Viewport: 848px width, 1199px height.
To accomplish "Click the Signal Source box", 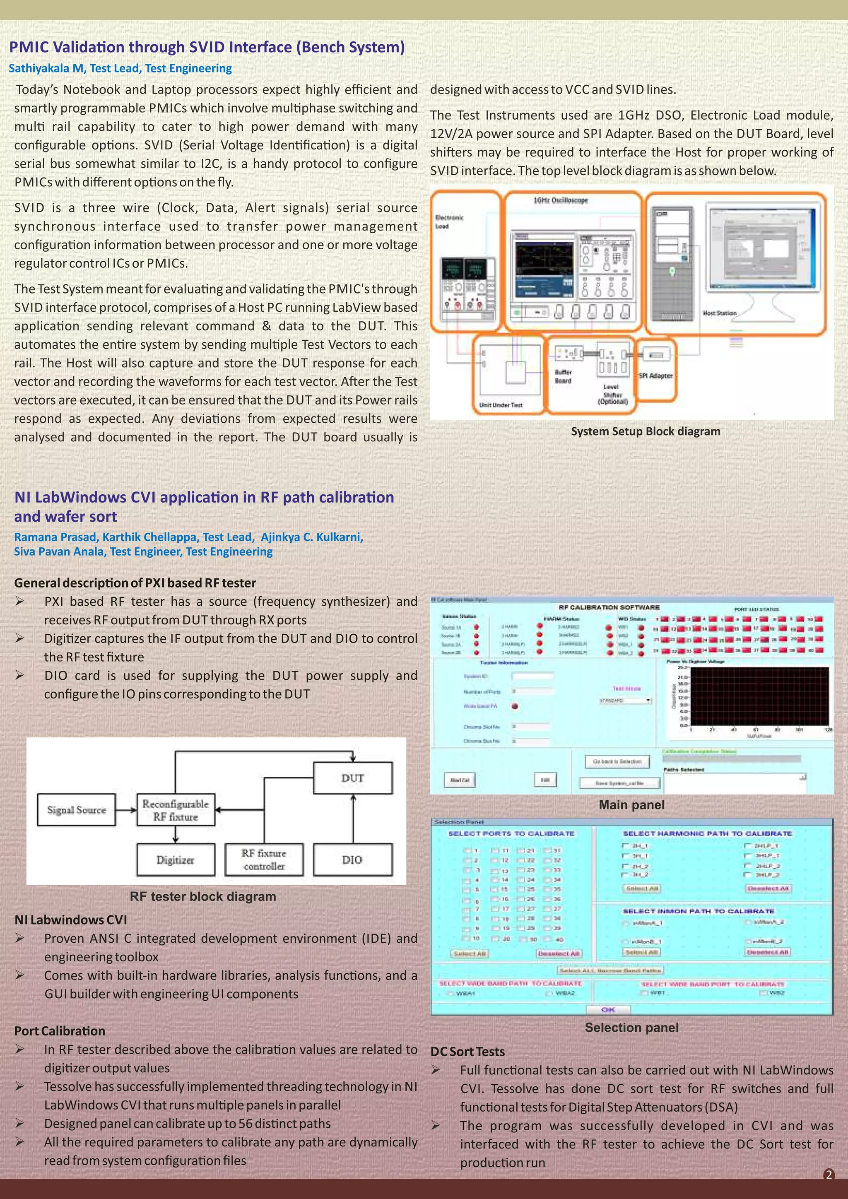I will click(76, 810).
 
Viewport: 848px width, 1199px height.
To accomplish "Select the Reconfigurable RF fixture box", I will click(176, 810).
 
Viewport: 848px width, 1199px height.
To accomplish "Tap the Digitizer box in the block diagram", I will click(176, 860).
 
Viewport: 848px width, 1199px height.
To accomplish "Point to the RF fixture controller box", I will click(264, 860).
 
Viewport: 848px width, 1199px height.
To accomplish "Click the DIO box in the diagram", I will click(352, 860).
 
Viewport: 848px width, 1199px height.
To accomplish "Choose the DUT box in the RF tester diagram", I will click(352, 778).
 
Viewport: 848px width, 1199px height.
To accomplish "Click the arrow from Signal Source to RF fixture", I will click(126, 810).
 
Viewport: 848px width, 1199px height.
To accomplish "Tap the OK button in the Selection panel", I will click(608, 1010).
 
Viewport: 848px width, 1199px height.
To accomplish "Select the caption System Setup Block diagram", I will click(646, 431).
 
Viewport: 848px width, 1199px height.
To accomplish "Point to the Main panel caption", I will click(631, 805).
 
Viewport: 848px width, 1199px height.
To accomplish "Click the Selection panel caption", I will click(631, 1027).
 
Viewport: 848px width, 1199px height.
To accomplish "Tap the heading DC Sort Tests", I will click(467, 1051).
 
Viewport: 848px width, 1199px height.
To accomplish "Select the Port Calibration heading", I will click(60, 1031).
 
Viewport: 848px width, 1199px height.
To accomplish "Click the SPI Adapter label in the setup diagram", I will click(656, 376).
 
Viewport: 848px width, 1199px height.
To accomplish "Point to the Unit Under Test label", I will click(500, 405).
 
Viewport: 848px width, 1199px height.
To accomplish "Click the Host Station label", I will click(719, 313).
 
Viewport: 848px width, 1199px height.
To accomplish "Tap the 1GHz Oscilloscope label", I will click(560, 200).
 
